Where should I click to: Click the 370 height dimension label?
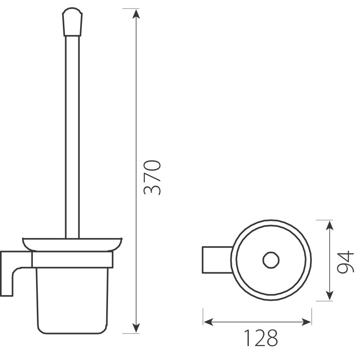152,177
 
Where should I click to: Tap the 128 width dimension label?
261,338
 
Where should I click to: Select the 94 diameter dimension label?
345,262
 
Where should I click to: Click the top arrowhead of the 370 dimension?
136,14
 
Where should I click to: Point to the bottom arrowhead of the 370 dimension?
136,328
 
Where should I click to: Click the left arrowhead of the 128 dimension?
208,322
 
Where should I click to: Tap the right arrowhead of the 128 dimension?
306,322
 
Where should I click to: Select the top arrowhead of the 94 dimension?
330,225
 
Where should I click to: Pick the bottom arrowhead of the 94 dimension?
330,295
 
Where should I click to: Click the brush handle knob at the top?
72,22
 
